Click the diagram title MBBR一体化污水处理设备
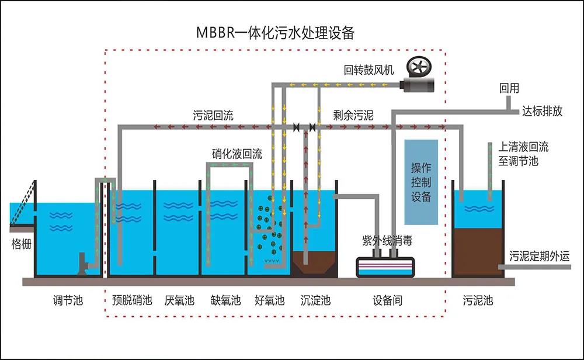pyautogui.click(x=275, y=33)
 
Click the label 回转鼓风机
pyautogui.click(x=369, y=70)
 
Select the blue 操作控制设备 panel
pyautogui.click(x=421, y=182)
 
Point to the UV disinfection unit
pyautogui.click(x=385, y=267)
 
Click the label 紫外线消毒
pyautogui.click(x=387, y=241)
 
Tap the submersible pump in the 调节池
pyautogui.click(x=83, y=264)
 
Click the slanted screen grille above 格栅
pyautogui.click(x=23, y=203)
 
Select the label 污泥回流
pyautogui.click(x=213, y=115)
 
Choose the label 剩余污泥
pyautogui.click(x=353, y=115)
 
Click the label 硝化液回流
pyautogui.click(x=237, y=154)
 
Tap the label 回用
pyautogui.click(x=509, y=88)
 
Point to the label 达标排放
pyautogui.click(x=543, y=111)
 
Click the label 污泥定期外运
pyautogui.click(x=540, y=256)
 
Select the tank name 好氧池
pyautogui.click(x=270, y=300)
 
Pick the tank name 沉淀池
pyautogui.click(x=315, y=300)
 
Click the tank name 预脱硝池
pyautogui.click(x=132, y=300)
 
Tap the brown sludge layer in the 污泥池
pyautogui.click(x=478, y=252)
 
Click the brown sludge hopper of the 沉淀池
pyautogui.click(x=314, y=263)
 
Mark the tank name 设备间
pyautogui.click(x=387, y=300)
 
